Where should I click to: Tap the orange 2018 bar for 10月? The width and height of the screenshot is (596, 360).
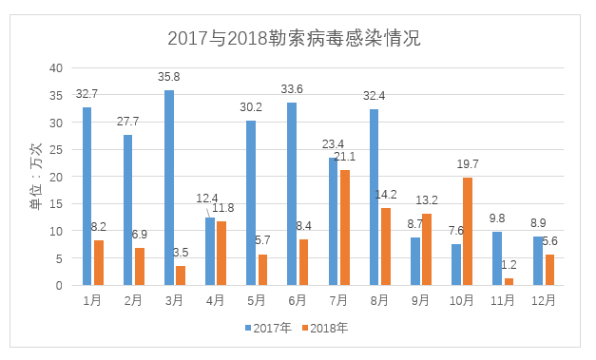(466, 231)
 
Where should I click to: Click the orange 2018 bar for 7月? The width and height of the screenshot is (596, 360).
(343, 227)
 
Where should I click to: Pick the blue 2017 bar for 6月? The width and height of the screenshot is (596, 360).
(292, 194)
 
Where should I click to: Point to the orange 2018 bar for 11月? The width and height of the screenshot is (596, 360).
(508, 281)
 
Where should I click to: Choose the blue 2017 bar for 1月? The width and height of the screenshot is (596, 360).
(87, 196)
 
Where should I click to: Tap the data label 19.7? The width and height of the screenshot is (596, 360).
(467, 165)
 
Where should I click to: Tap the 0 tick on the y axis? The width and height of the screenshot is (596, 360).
(59, 285)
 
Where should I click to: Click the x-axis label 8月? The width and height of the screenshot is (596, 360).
(379, 300)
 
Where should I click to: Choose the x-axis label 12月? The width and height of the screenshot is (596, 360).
(544, 300)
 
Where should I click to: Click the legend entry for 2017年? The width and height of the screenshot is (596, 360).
(267, 328)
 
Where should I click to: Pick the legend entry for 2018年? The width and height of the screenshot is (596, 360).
(324, 328)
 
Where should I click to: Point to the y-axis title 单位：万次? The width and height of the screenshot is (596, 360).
(35, 177)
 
